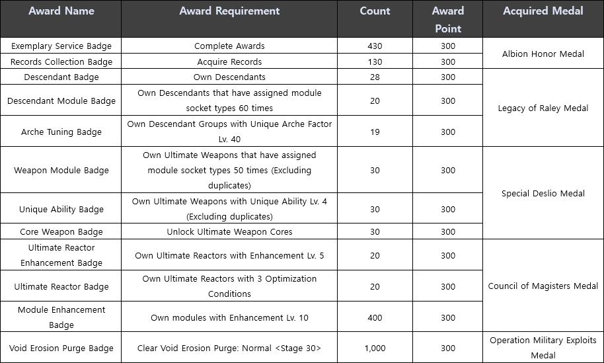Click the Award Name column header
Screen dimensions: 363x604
(x=61, y=11)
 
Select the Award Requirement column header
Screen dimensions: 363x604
(x=229, y=11)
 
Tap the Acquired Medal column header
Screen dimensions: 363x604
(x=543, y=11)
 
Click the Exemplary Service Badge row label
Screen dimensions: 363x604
(x=61, y=46)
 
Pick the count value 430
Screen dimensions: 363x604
(x=375, y=46)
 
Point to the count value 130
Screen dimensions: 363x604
(x=375, y=61)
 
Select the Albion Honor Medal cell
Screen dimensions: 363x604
(x=543, y=54)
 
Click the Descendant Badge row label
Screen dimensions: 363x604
(x=61, y=77)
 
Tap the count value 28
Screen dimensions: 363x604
(x=375, y=77)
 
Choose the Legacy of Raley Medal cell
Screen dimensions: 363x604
(x=543, y=108)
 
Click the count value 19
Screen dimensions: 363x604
(x=375, y=132)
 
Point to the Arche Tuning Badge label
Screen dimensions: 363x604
(x=61, y=132)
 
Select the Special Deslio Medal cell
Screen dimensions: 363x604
(x=543, y=193)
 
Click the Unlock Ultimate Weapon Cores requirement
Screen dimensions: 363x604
(x=229, y=231)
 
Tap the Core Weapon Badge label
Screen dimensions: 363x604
(x=61, y=231)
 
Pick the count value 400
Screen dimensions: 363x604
(x=375, y=317)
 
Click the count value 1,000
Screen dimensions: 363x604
(x=375, y=348)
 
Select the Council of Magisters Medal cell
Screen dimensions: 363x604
(x=543, y=286)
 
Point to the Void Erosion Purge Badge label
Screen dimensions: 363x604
(x=61, y=348)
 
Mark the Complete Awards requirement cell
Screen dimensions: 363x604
(x=229, y=46)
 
